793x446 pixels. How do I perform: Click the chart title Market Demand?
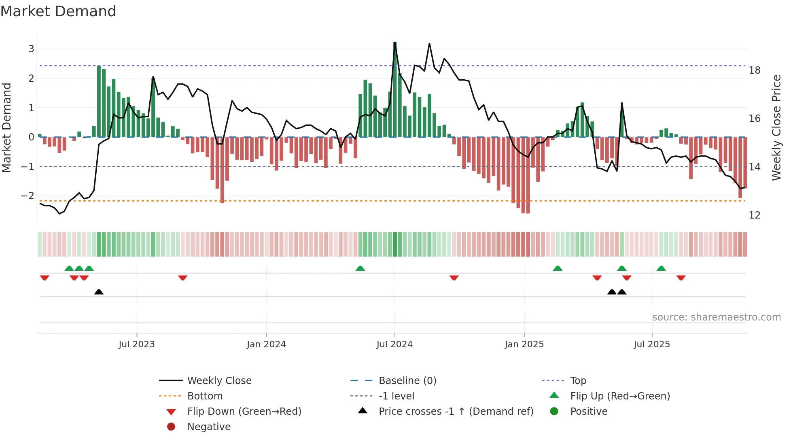click(58, 11)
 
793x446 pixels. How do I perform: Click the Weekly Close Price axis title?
click(776, 127)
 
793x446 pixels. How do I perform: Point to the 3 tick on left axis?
click(31, 49)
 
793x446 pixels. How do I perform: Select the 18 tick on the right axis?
click(754, 70)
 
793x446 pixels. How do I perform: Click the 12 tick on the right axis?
click(754, 215)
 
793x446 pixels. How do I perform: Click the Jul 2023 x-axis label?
click(136, 344)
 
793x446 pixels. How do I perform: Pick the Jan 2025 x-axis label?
click(524, 344)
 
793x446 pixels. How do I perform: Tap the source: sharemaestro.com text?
click(716, 317)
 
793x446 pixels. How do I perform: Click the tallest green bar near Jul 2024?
click(395, 89)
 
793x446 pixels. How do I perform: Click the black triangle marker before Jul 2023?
click(99, 292)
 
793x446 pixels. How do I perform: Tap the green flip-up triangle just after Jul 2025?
click(661, 268)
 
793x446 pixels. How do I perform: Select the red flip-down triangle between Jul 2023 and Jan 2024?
click(182, 278)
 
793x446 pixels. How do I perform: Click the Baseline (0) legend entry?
click(407, 381)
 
